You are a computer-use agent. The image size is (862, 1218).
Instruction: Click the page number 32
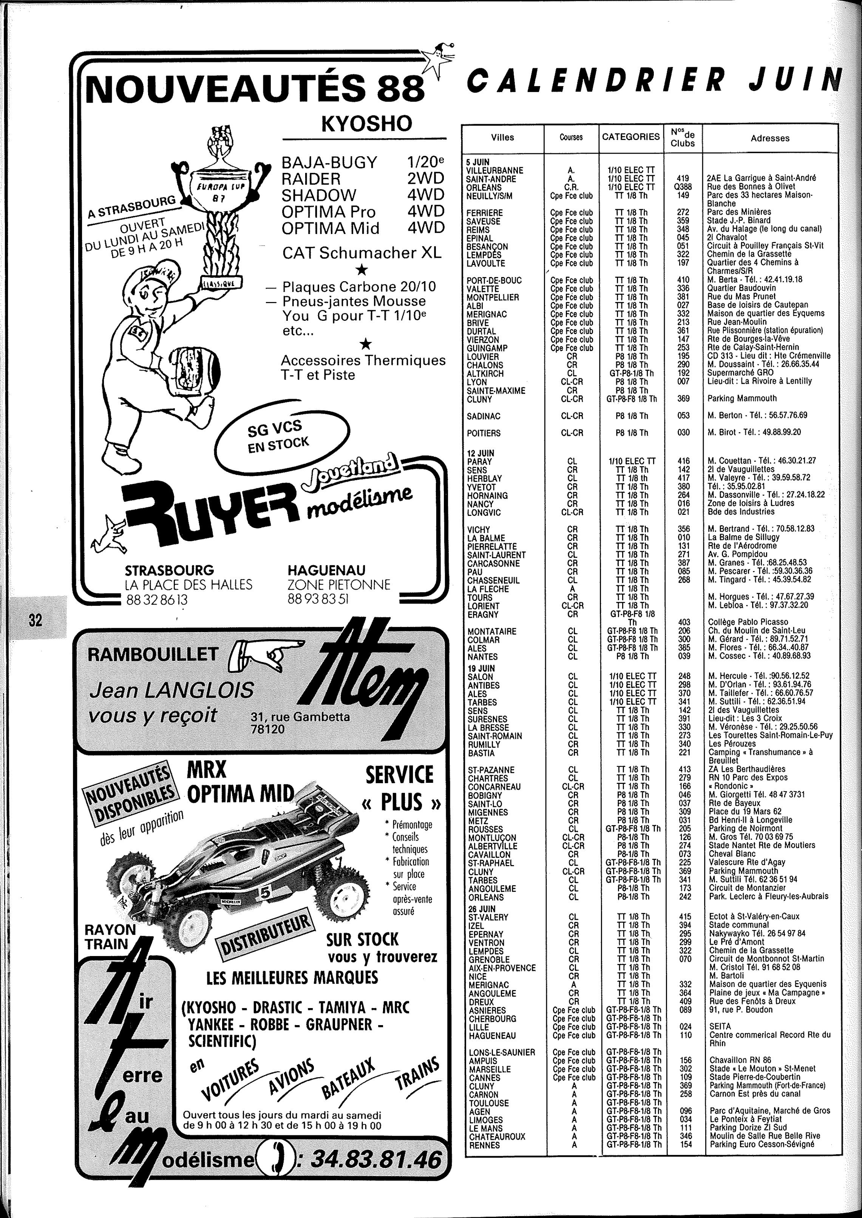point(36,620)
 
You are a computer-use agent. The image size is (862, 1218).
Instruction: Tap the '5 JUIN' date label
point(478,162)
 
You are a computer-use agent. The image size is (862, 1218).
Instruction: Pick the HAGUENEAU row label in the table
point(492,1035)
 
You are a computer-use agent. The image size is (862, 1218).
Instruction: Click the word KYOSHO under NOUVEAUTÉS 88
point(366,123)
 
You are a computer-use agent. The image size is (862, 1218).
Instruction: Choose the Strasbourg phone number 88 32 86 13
point(157,599)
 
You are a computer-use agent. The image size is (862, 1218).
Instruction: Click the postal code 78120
point(267,729)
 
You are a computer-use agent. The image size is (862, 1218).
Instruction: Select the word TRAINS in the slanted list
point(418,1071)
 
